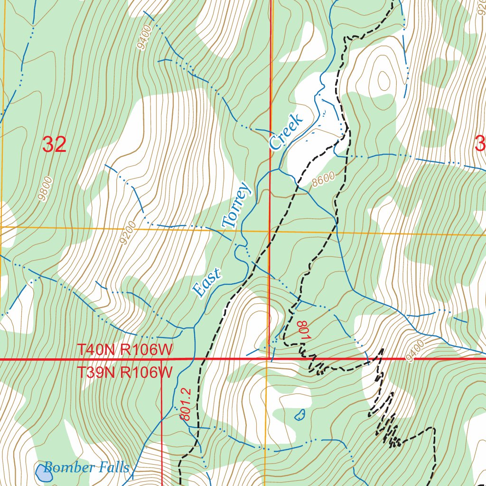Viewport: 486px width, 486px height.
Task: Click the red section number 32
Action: click(x=54, y=144)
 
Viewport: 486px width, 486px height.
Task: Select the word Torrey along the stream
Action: click(x=236, y=205)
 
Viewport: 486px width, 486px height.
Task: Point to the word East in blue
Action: click(x=207, y=283)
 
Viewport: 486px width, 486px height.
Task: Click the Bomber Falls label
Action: click(x=86, y=467)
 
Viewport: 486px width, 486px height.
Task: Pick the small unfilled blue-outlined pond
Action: click(x=300, y=415)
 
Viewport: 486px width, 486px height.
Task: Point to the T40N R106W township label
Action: click(x=125, y=350)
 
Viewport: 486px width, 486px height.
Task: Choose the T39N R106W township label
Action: click(x=125, y=372)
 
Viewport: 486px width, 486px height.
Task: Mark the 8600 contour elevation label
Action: click(x=324, y=178)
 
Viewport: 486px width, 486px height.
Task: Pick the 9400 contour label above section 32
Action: click(x=143, y=38)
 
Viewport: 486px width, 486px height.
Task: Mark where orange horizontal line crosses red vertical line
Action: click(x=270, y=232)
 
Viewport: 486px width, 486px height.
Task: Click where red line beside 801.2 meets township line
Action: click(x=162, y=360)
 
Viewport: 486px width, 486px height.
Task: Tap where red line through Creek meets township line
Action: click(x=270, y=359)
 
